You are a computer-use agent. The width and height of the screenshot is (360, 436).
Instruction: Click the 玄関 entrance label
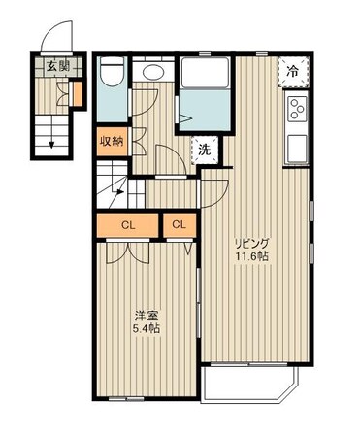(58, 66)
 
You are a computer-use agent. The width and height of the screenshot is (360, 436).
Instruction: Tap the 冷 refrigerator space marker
(293, 72)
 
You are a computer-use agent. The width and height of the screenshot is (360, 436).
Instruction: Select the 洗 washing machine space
(205, 150)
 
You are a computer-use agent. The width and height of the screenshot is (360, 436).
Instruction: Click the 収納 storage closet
(112, 141)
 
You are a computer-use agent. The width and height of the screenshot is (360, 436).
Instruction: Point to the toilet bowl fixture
(112, 72)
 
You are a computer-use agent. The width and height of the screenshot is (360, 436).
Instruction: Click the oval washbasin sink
(153, 72)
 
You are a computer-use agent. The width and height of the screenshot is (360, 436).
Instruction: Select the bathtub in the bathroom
(205, 73)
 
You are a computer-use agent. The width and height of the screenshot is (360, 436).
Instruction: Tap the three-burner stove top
(297, 109)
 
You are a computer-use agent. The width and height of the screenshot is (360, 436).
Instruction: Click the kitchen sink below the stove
(297, 148)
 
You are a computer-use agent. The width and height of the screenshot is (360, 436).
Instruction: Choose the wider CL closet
(128, 225)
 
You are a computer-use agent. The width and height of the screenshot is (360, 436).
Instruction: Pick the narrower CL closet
(180, 225)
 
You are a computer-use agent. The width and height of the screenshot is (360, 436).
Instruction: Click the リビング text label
(252, 243)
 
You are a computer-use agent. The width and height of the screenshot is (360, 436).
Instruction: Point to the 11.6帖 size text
(252, 256)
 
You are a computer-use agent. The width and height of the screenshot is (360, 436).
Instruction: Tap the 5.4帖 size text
(147, 329)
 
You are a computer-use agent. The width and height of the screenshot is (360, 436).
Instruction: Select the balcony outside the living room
(249, 384)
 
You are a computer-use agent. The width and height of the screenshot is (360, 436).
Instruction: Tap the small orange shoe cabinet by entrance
(78, 94)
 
